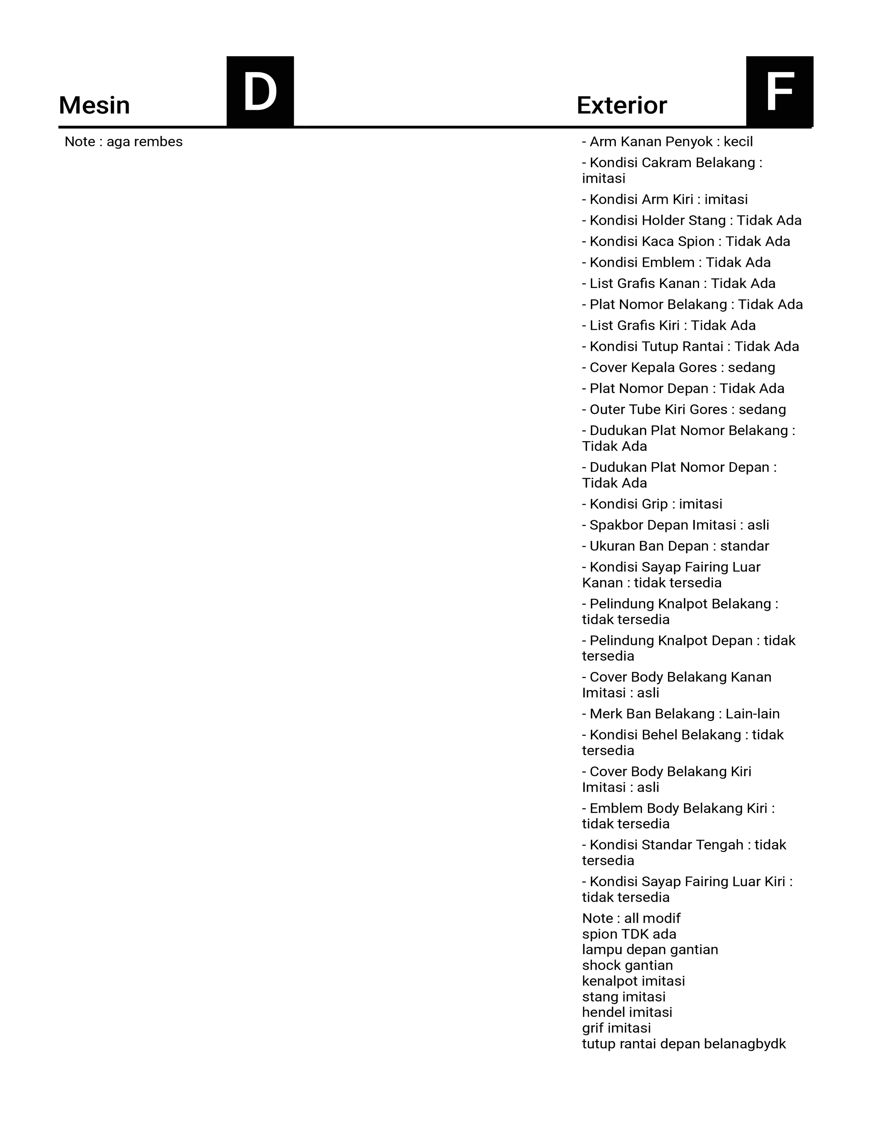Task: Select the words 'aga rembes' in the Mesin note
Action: tap(144, 142)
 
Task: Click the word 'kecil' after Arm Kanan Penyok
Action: tap(738, 142)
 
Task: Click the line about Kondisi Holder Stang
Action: tap(691, 221)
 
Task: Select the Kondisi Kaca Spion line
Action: tap(685, 242)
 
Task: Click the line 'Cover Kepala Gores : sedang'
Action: tap(678, 367)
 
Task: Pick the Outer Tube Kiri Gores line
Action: tap(683, 410)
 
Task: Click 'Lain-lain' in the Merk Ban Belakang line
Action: tap(753, 714)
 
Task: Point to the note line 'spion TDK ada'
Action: tap(629, 934)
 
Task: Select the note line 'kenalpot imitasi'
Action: tap(634, 981)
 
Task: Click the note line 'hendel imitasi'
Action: tap(627, 1013)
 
